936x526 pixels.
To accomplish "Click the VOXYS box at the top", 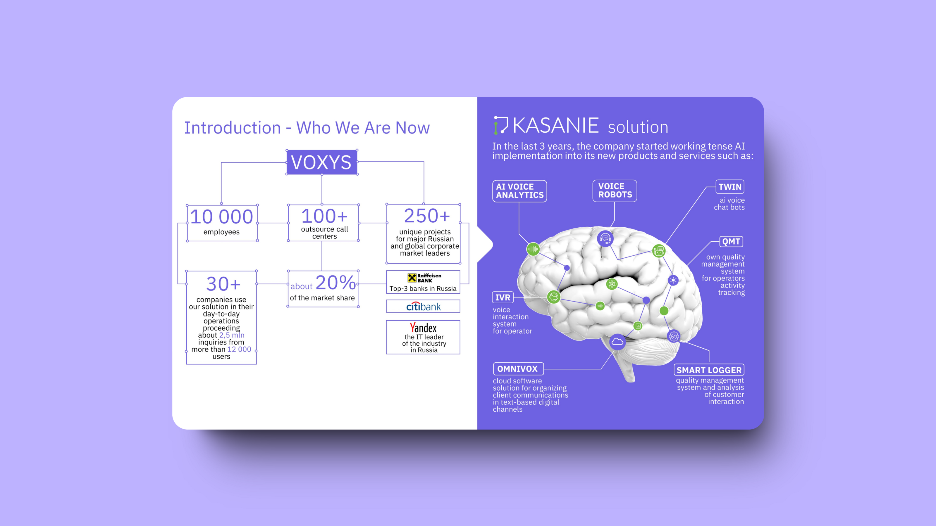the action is point(321,162).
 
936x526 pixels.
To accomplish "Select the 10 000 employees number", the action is point(221,217).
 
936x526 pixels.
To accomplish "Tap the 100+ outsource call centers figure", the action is point(324,216).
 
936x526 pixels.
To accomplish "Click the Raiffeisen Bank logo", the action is point(424,278).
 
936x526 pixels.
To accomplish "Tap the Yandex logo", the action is point(423,328).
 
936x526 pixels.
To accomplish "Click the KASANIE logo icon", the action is point(501,125).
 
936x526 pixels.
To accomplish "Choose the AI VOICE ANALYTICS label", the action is point(519,191).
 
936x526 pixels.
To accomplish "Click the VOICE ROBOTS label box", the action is point(615,191).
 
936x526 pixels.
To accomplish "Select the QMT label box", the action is point(731,241).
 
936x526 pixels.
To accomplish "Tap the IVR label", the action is point(503,297).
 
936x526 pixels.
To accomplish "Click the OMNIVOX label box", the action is point(518,369).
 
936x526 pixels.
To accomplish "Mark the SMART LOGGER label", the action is point(709,370).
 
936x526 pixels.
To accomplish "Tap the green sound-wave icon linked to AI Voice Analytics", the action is point(533,249).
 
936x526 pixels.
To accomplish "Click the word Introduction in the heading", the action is point(233,128).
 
